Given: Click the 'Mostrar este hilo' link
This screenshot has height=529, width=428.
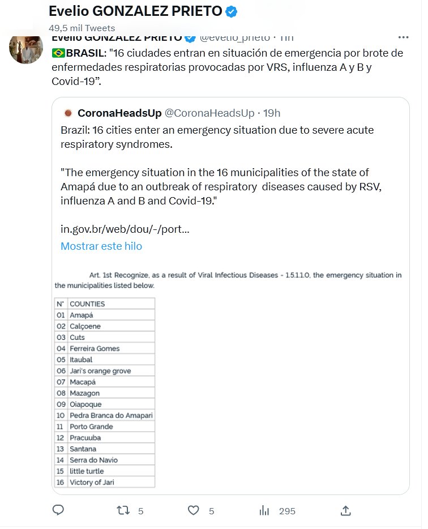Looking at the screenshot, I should [x=101, y=246].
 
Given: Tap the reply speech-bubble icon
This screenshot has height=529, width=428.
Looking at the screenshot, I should [x=58, y=510].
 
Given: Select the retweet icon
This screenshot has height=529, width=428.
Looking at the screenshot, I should [x=123, y=510].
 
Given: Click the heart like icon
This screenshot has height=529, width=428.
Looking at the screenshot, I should [x=194, y=510].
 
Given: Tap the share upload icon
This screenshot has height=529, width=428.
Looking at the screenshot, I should [x=345, y=510].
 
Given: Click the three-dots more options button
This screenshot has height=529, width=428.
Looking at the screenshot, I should [x=403, y=37].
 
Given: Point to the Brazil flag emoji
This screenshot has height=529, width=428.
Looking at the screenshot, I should [x=58, y=53].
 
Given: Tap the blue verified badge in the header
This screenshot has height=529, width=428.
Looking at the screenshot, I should [x=232, y=11].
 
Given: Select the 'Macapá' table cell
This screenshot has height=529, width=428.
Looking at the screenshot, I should [x=83, y=382].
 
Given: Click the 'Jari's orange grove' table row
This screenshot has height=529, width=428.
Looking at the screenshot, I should [x=100, y=370].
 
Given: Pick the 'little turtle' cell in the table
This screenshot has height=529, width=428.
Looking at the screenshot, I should [x=87, y=471].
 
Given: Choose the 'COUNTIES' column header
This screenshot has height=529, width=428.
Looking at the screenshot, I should [x=87, y=304].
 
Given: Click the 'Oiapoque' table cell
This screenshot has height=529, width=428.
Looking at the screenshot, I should [x=85, y=404].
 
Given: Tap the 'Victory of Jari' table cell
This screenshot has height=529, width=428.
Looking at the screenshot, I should [x=92, y=482].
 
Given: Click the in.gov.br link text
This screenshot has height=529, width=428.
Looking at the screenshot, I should [x=125, y=229].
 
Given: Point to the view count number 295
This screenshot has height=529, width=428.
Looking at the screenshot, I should [x=287, y=511].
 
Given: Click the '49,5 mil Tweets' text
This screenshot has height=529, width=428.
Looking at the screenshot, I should [x=82, y=28].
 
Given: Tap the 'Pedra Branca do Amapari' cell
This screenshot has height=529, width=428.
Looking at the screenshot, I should [x=111, y=415].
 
